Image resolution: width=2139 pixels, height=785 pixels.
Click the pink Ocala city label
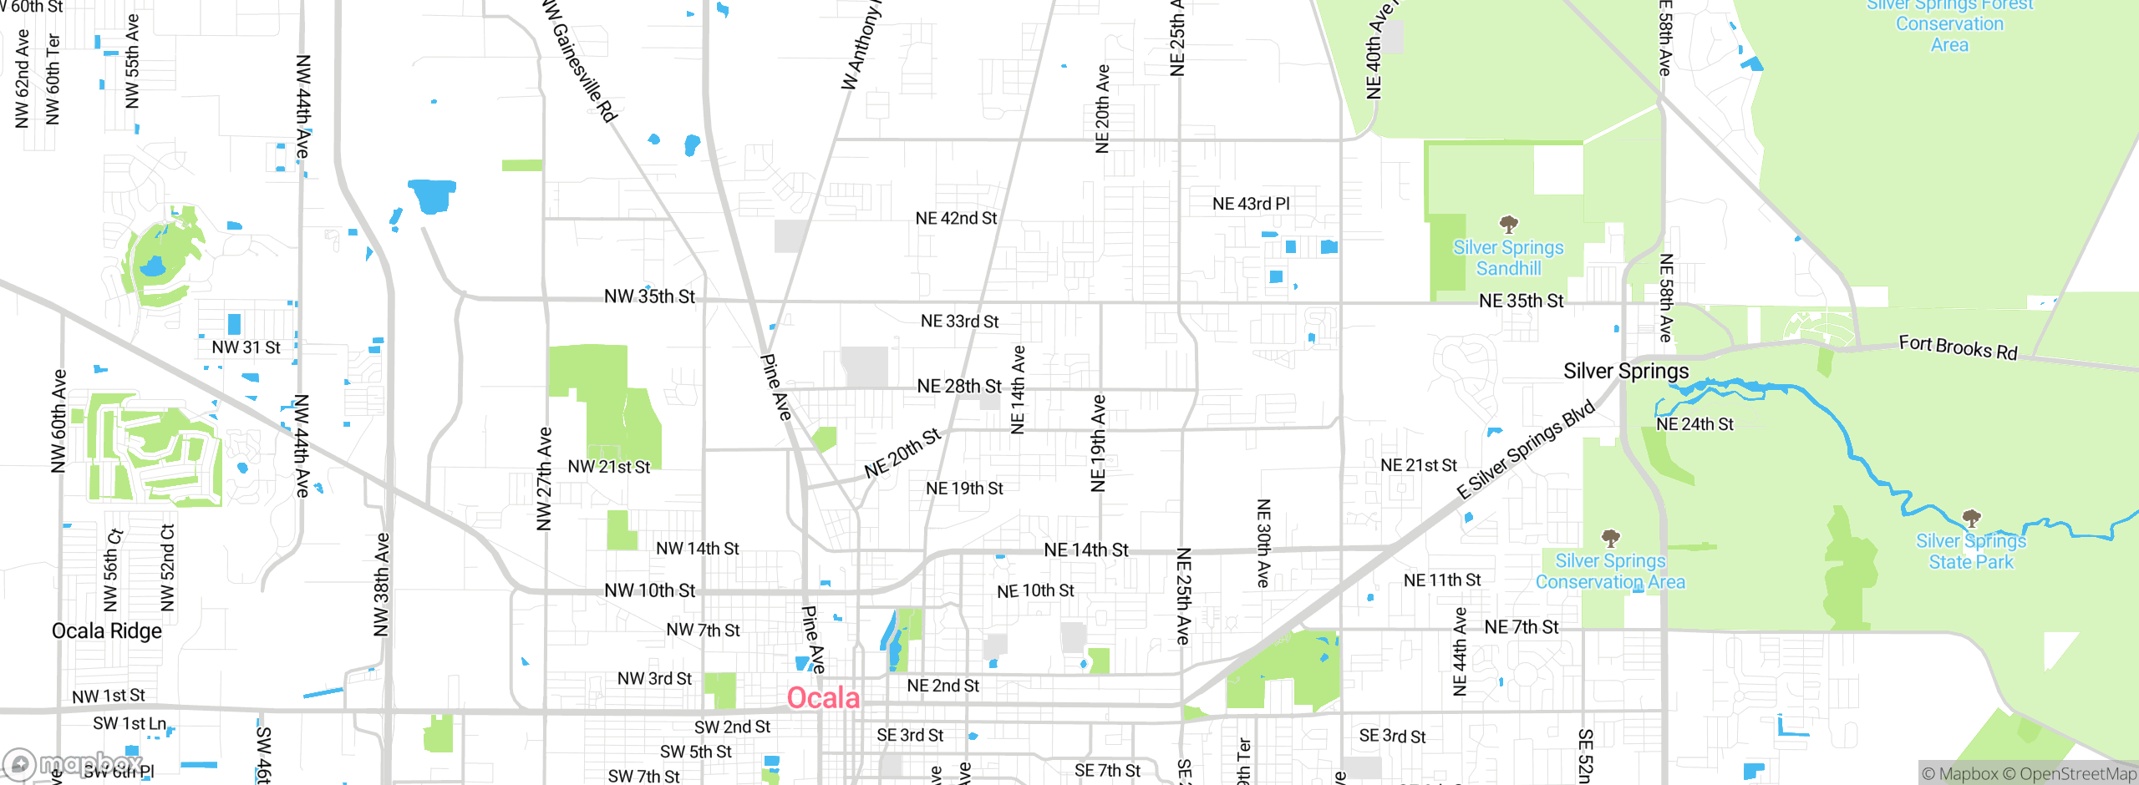pyautogui.click(x=823, y=697)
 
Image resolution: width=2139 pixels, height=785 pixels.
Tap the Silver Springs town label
pyautogui.click(x=1626, y=371)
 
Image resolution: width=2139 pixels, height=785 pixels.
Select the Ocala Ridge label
pyautogui.click(x=107, y=631)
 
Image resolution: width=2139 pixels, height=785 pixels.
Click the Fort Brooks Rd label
pyautogui.click(x=1958, y=347)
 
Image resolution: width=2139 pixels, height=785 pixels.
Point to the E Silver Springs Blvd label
pyautogui.click(x=1526, y=450)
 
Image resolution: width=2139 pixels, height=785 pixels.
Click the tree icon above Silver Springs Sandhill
pyautogui.click(x=1508, y=224)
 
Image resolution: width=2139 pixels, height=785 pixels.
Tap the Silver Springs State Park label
pyautogui.click(x=1970, y=551)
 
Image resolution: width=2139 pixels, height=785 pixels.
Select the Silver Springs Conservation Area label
pyautogui.click(x=1610, y=571)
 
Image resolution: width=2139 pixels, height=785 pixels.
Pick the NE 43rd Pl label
pyautogui.click(x=1251, y=204)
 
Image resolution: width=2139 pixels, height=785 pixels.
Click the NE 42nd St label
pyautogui.click(x=956, y=218)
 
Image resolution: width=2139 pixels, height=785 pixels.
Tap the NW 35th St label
pyautogui.click(x=649, y=296)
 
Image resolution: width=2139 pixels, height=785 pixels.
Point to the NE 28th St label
pyautogui.click(x=958, y=386)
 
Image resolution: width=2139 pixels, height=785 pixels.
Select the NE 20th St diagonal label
pyautogui.click(x=902, y=453)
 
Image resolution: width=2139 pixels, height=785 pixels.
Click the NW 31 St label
pyautogui.click(x=246, y=347)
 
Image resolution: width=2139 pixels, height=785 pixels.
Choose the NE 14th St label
pyautogui.click(x=1086, y=549)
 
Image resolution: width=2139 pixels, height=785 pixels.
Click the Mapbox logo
pyautogui.click(x=71, y=763)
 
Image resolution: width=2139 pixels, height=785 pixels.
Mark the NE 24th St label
pyautogui.click(x=1694, y=424)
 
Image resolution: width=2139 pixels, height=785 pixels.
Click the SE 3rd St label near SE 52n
pyautogui.click(x=1392, y=736)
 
